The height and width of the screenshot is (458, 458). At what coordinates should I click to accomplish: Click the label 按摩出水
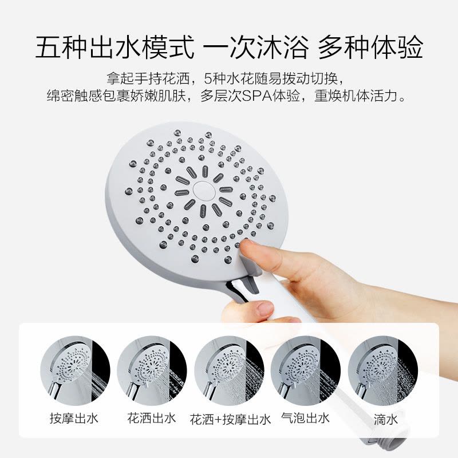coord(75,418)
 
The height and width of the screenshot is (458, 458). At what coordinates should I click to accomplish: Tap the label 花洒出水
coord(151,418)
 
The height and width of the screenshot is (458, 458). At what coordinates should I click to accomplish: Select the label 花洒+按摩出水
coord(230,420)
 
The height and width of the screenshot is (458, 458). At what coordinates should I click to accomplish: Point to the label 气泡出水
coord(305,418)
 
